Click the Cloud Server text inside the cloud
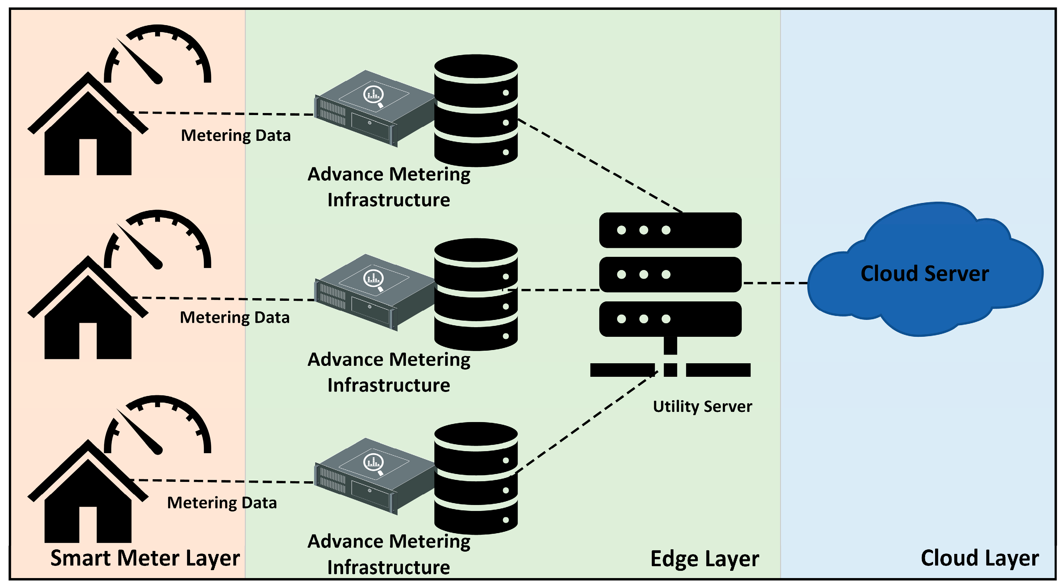tap(925, 273)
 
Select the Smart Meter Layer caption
tap(145, 558)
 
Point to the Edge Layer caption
tap(704, 559)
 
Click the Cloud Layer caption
tap(980, 558)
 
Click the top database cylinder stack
tap(476, 110)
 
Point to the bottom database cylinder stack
tap(476, 479)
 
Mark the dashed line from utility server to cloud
tap(775, 283)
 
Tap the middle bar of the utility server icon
tap(670, 274)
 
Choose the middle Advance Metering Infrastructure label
tap(389, 372)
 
